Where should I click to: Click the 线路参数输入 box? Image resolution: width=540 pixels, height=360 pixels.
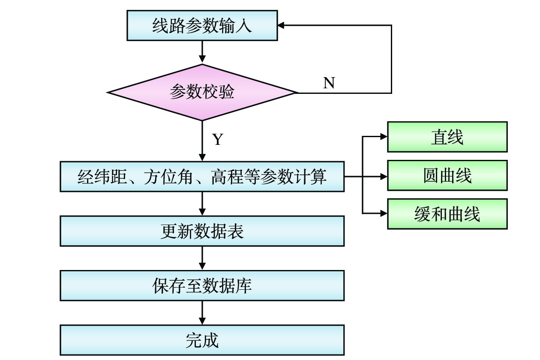(x=202, y=26)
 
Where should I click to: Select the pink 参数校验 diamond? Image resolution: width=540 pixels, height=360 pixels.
(x=202, y=92)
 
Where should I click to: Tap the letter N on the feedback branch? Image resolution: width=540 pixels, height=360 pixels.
(x=329, y=83)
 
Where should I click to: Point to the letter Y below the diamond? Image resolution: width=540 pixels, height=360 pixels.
(x=218, y=139)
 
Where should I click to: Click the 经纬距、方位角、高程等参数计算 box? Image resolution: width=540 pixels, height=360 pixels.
(x=202, y=176)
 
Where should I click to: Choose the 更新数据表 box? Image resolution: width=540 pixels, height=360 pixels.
(x=202, y=231)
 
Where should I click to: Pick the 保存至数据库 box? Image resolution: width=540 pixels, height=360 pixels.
(x=202, y=285)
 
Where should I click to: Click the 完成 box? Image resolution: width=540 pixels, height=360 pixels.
(x=202, y=340)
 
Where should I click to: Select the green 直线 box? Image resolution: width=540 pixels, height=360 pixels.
(x=447, y=137)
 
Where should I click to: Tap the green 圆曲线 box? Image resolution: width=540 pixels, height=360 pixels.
(x=447, y=175)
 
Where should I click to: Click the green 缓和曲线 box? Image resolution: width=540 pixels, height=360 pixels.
(x=447, y=214)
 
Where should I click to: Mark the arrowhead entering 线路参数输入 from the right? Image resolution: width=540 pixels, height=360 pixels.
(x=281, y=26)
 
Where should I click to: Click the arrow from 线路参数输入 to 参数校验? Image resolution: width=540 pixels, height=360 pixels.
(x=202, y=52)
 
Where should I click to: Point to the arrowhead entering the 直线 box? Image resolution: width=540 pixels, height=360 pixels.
(x=384, y=137)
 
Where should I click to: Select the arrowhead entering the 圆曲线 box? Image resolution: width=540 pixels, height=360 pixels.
(x=384, y=176)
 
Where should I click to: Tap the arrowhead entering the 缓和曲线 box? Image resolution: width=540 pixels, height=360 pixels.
(x=384, y=213)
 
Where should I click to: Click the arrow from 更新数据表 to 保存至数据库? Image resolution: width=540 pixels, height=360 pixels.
(x=202, y=258)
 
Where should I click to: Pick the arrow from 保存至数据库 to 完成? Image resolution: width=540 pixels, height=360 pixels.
(x=202, y=313)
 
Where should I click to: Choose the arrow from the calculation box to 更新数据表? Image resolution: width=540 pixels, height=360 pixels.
(x=202, y=204)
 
